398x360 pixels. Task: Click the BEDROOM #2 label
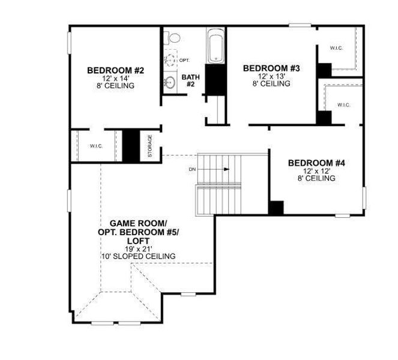(x=116, y=71)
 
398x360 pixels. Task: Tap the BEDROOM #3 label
(x=271, y=68)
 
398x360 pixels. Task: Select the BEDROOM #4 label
(x=316, y=163)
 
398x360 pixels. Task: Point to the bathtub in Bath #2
(x=214, y=47)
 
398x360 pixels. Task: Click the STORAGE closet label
(x=150, y=146)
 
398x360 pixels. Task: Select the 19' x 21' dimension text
(x=138, y=248)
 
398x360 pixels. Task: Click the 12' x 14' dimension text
(x=116, y=79)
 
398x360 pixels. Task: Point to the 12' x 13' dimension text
(x=271, y=76)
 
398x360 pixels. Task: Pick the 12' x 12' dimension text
(x=316, y=171)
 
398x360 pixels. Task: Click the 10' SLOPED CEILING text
(x=138, y=256)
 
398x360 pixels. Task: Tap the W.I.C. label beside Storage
(x=97, y=146)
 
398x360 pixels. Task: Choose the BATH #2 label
(x=190, y=80)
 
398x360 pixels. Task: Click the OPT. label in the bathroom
(x=184, y=61)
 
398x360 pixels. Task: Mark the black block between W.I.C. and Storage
(x=131, y=145)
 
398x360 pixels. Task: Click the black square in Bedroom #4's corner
(x=276, y=208)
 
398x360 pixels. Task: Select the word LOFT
(x=138, y=240)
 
